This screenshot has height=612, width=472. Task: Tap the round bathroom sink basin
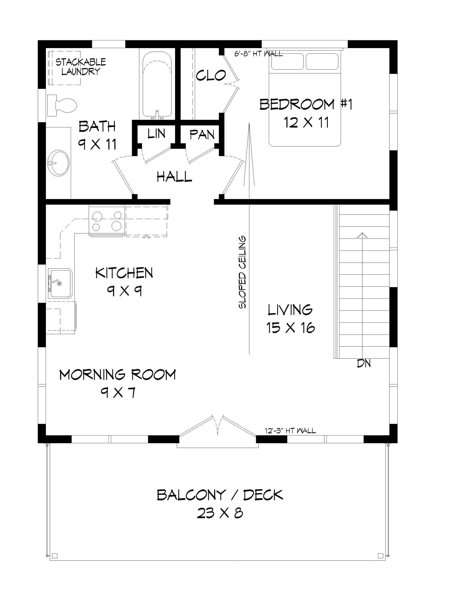(59, 163)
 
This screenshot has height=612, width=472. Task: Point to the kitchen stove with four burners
(107, 221)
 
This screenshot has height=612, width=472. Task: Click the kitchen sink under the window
(60, 283)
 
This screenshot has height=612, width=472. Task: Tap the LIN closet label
(156, 134)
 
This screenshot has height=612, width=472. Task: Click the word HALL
(174, 177)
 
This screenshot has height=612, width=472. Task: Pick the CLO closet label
(210, 76)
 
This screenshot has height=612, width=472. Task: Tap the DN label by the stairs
(364, 364)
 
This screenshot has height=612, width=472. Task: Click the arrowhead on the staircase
(362, 235)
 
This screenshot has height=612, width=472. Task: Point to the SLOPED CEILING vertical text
(242, 272)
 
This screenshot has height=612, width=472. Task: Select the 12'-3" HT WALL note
(290, 430)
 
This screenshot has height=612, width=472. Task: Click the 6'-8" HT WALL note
(258, 53)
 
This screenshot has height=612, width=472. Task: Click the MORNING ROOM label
(118, 375)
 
